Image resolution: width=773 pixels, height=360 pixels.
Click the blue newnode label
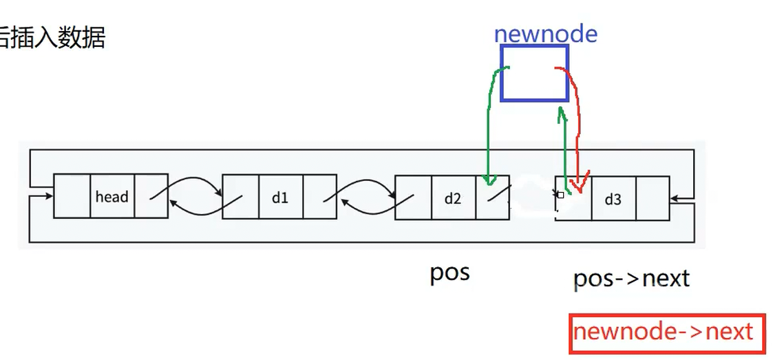pos(545,34)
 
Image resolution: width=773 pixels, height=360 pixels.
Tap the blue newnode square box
pos(534,73)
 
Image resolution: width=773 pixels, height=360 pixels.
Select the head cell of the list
pos(112,197)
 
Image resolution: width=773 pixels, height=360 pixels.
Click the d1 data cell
pos(280,198)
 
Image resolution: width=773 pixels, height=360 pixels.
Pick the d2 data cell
pos(452,198)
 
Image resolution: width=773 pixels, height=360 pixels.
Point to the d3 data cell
pos(613,199)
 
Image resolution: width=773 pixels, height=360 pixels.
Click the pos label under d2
pos(449,273)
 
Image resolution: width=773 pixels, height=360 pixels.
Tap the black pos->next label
pos(631,278)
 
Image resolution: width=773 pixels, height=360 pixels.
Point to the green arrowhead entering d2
pos(489,181)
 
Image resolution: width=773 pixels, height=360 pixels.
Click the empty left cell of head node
pos(72,197)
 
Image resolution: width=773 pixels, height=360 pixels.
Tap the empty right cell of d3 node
pos(652,198)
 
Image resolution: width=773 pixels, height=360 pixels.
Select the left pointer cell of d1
pos(241,198)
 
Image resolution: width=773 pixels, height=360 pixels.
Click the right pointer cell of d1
pos(319,198)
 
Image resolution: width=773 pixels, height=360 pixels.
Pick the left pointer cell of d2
pos(413,198)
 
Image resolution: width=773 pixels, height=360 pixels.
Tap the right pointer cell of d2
pos(492,198)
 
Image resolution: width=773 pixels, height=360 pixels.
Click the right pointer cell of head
pos(151,197)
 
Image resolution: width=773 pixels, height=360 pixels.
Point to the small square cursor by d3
pos(560,195)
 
